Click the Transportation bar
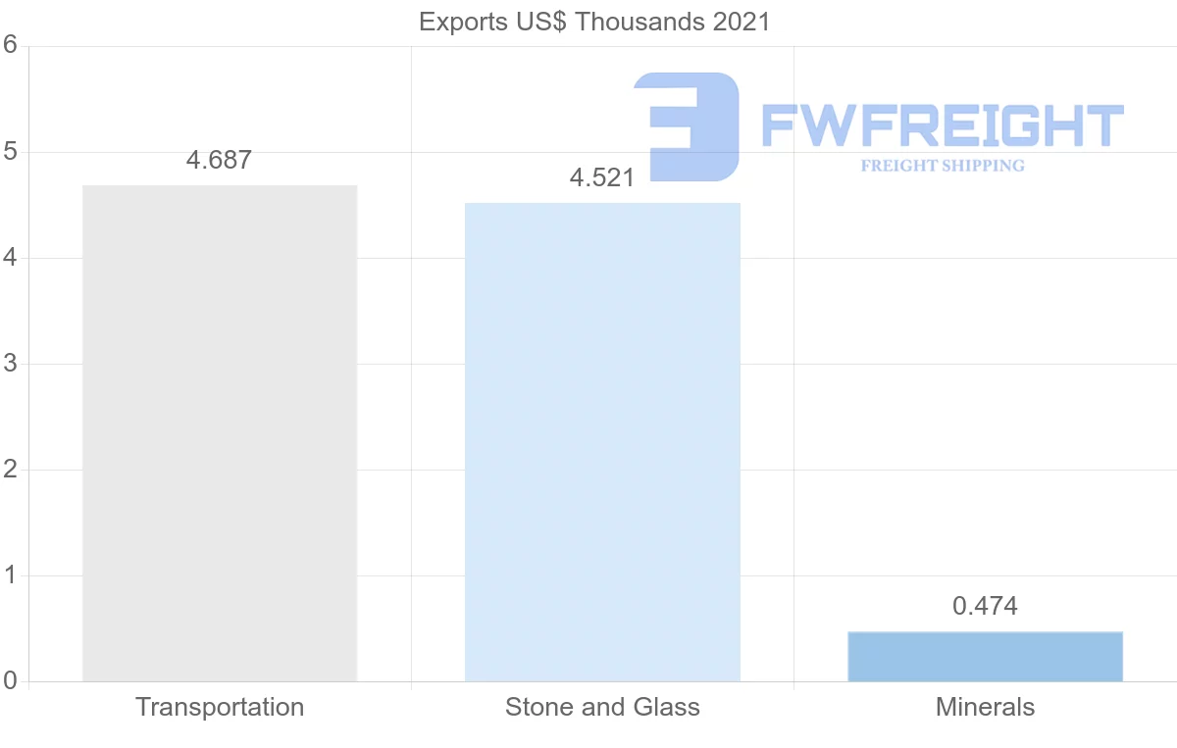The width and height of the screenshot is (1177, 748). (x=220, y=432)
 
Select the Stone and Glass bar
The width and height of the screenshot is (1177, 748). (x=602, y=441)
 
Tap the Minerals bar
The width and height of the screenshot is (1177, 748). (x=985, y=657)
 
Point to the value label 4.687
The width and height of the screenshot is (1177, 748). (x=219, y=161)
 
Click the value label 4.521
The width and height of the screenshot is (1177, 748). (x=602, y=178)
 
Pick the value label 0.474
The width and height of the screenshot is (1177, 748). (x=985, y=607)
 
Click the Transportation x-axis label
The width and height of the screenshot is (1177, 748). (x=220, y=707)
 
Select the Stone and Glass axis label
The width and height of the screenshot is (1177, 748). (x=602, y=707)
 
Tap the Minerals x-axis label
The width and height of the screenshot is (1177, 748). (x=985, y=707)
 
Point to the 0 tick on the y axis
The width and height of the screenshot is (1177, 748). (x=11, y=681)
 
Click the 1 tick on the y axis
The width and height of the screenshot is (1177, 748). (x=11, y=575)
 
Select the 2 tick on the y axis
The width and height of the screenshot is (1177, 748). (x=11, y=470)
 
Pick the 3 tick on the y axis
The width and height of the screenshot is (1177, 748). (x=11, y=364)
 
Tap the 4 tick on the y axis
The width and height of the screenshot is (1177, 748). (x=11, y=258)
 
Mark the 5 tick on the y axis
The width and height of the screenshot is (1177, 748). (x=11, y=152)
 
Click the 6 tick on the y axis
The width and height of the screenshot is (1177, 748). (x=11, y=46)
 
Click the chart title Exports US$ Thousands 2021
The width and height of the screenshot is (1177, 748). (x=594, y=22)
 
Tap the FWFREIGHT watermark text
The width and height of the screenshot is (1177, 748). (x=942, y=126)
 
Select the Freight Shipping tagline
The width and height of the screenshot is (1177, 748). (x=942, y=166)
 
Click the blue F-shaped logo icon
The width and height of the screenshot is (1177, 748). (x=687, y=125)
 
